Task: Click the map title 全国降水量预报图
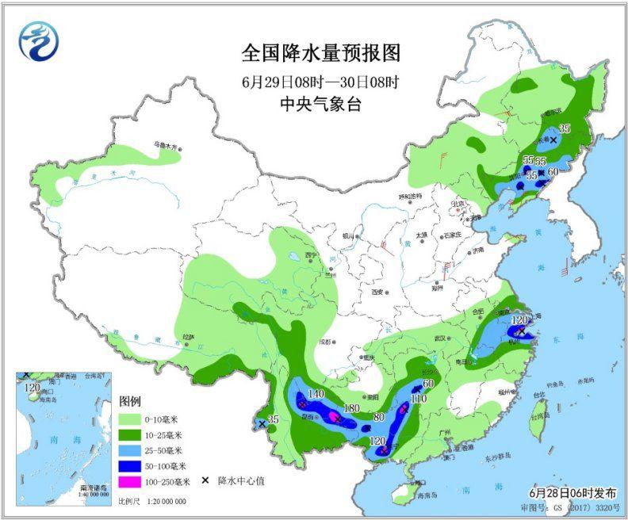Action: [320, 53]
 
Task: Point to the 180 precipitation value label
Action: [351, 409]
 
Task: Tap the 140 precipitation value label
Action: [316, 393]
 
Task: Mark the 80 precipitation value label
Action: [378, 417]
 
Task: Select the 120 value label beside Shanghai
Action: [519, 319]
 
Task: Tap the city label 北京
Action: [457, 203]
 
